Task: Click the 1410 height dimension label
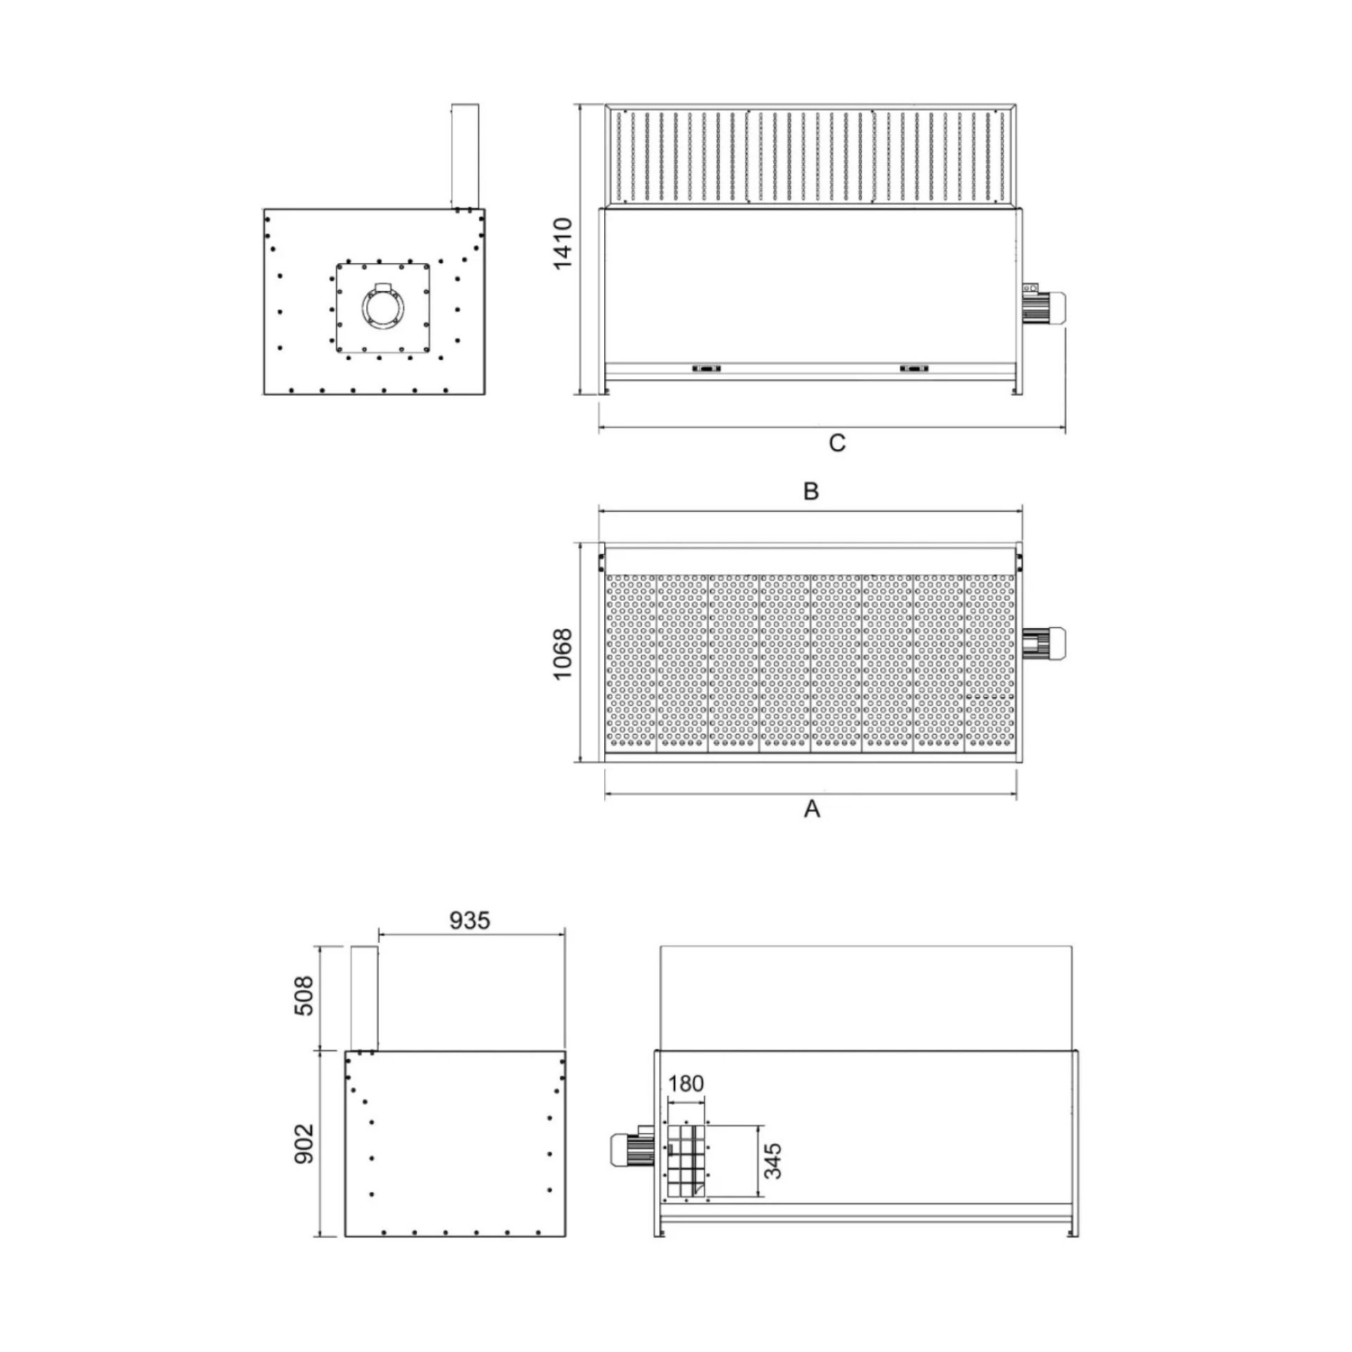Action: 563,243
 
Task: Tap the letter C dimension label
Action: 837,444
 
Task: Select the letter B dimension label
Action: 811,491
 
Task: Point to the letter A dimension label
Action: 812,809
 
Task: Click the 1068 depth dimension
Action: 563,653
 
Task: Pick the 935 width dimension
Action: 469,920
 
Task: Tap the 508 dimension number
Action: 303,995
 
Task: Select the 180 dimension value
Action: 685,1083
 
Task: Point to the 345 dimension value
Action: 773,1160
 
